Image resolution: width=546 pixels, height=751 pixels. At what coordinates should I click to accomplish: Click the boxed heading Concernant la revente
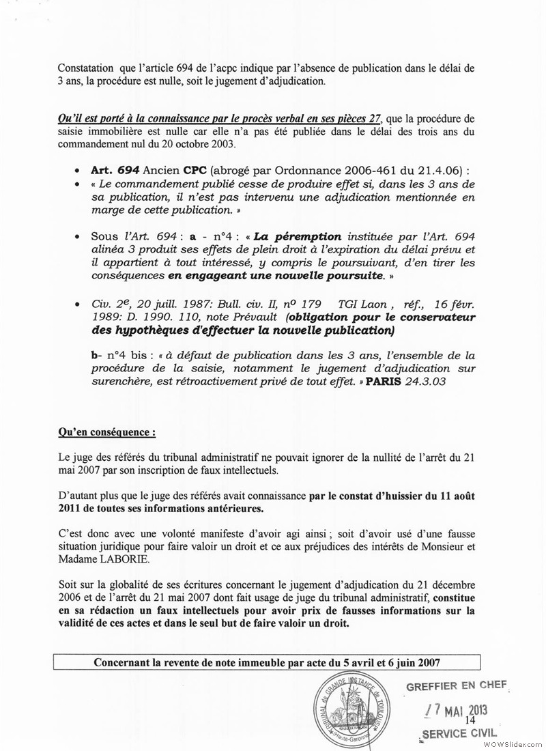(267, 662)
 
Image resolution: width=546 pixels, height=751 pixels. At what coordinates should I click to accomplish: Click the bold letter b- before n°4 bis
(94, 356)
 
